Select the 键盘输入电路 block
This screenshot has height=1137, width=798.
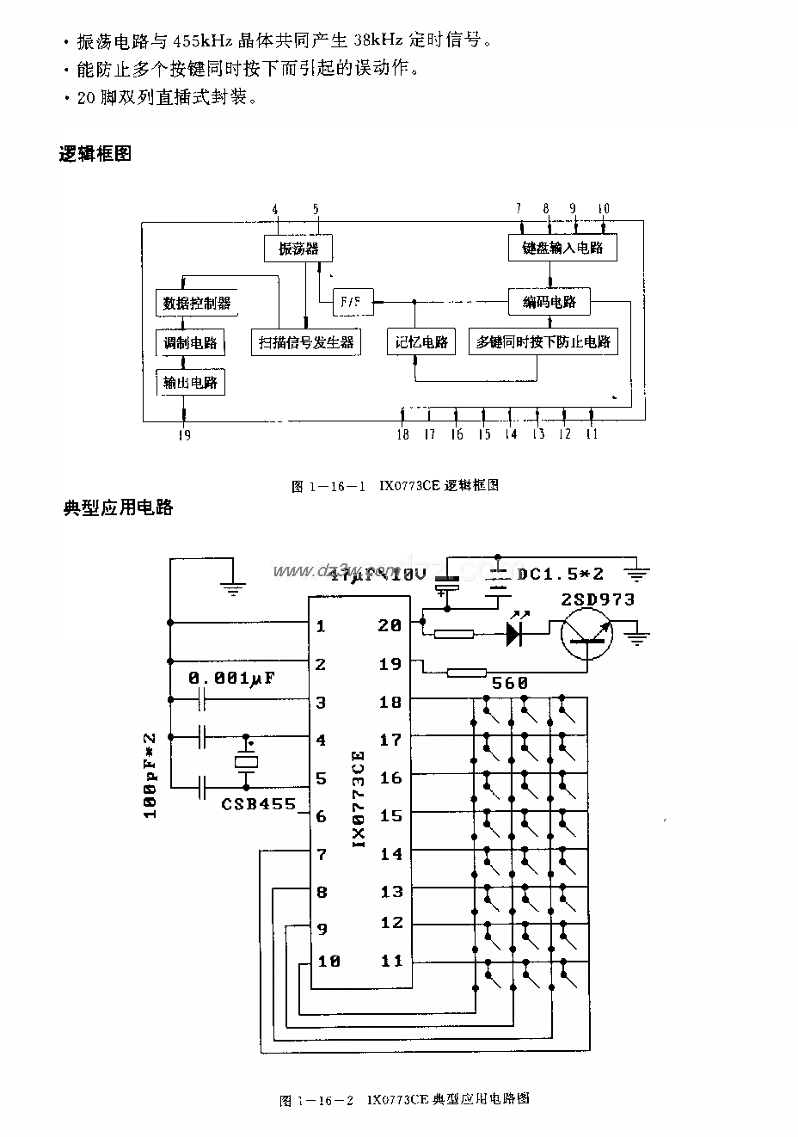coord(562,249)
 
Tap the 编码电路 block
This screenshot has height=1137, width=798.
coord(549,302)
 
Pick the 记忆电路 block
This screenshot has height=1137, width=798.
coord(421,341)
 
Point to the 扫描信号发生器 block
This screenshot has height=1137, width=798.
coord(306,341)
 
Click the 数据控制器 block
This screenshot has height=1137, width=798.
coord(197,303)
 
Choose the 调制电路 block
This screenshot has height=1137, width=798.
coord(190,342)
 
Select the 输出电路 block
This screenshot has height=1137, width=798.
coord(190,382)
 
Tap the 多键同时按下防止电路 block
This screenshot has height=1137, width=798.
coord(543,341)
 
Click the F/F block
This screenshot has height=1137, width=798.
coord(352,302)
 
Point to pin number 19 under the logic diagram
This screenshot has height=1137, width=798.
coord(184,434)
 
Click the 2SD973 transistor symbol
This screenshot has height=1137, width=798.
coord(587,636)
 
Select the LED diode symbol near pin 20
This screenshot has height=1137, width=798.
coord(515,635)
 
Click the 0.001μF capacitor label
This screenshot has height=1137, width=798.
coord(231,678)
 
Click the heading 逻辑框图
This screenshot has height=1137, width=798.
coord(95,154)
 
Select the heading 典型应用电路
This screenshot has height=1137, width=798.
coord(119,507)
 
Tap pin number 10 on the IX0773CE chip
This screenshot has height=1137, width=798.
coord(329,961)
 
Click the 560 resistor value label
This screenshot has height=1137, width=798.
coord(509,683)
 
